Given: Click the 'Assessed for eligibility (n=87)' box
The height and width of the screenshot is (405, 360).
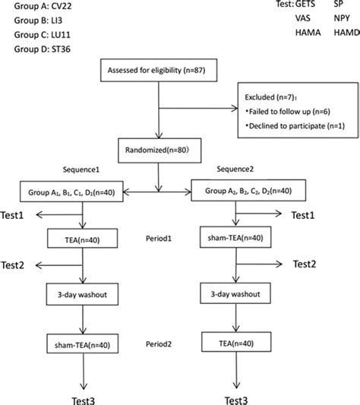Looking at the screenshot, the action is [x=159, y=70].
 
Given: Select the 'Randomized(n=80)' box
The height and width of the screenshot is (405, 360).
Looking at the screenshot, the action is [x=159, y=150].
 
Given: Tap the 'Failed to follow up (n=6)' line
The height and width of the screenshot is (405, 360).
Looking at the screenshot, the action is [x=288, y=112].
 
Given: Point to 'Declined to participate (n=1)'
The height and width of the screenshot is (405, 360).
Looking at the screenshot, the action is [x=295, y=126].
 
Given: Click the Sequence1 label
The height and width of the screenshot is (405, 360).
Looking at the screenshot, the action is [x=81, y=169].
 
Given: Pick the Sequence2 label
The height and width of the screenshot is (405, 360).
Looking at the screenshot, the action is [x=235, y=169].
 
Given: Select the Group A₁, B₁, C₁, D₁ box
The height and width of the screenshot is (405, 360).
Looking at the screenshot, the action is [x=71, y=191].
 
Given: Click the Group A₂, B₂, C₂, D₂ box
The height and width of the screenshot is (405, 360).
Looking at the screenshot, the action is [x=248, y=191].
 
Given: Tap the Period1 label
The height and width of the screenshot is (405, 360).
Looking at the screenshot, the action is [x=159, y=239].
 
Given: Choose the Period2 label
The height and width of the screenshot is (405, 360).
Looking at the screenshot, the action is [x=159, y=344].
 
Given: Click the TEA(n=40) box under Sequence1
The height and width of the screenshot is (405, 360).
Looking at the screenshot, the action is [x=82, y=239].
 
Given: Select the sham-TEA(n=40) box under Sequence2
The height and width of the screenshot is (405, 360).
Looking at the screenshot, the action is [x=235, y=237].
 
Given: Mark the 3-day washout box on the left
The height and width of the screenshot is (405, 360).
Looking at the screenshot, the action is [x=82, y=294].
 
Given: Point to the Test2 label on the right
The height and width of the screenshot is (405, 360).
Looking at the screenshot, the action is [x=305, y=264].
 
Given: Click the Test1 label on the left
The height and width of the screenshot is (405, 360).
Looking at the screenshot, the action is [x=12, y=215].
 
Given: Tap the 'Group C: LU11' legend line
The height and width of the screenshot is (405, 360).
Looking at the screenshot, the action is [x=42, y=35].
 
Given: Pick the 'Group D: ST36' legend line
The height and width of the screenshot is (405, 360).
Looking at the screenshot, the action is [x=42, y=49].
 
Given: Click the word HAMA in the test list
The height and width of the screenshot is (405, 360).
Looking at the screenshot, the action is [x=308, y=33].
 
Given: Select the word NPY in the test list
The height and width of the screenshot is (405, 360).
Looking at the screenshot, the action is [x=342, y=18].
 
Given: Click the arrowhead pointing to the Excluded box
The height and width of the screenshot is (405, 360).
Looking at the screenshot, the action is [x=235, y=108].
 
